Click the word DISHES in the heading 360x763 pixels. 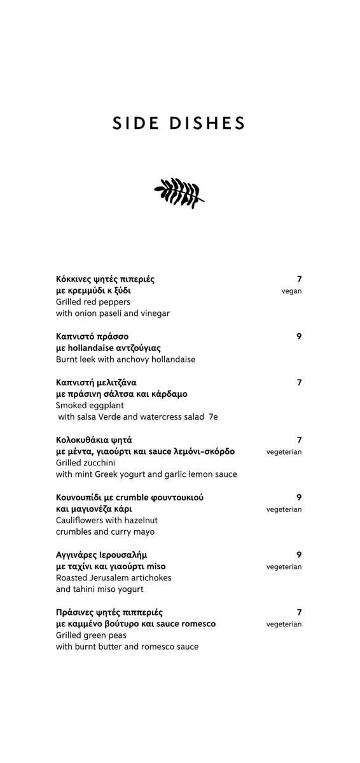(207, 123)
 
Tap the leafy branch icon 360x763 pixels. (179, 193)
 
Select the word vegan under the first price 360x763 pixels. (291, 291)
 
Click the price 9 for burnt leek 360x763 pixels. (299, 336)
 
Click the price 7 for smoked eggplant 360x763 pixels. (299, 382)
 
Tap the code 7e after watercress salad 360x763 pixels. (213, 417)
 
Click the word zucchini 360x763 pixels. (99, 463)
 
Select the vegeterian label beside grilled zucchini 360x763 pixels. (284, 452)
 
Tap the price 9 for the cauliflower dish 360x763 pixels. (299, 497)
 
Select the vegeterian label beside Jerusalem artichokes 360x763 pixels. (284, 567)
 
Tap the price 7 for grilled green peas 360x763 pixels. (299, 612)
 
